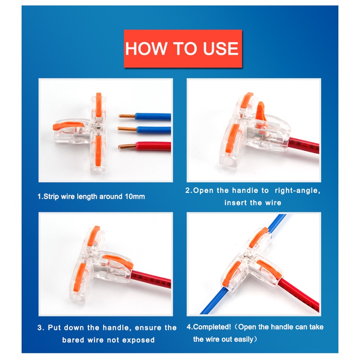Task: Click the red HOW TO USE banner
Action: [183, 48]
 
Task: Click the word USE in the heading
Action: [221, 48]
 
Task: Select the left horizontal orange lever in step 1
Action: [68, 125]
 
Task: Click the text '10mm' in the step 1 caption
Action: [135, 196]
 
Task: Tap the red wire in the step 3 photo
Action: [151, 278]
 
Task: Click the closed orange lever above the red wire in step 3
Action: [118, 261]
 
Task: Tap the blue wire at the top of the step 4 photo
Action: [276, 223]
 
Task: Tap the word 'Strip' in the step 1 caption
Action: [51, 196]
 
